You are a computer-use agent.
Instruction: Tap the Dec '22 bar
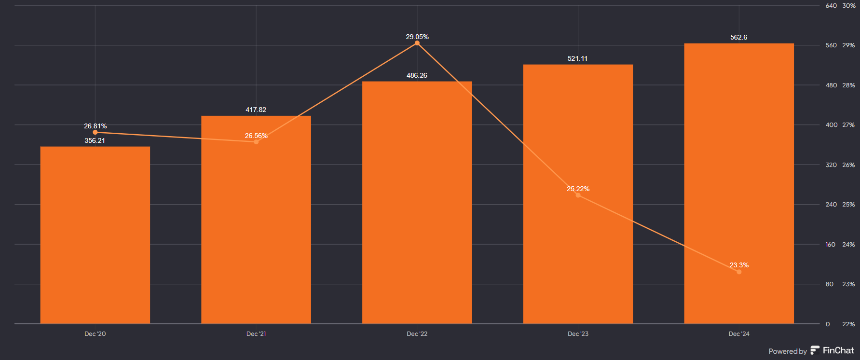pyautogui.click(x=417, y=203)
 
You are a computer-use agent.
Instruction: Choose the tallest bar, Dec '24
pyautogui.click(x=739, y=183)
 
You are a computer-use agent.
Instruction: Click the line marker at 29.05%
pyautogui.click(x=417, y=43)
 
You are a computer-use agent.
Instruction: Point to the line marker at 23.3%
pyautogui.click(x=739, y=272)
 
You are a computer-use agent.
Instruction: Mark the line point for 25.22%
pyautogui.click(x=578, y=195)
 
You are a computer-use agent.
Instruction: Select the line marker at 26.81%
pyautogui.click(x=95, y=132)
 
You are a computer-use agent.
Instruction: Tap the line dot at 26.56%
pyautogui.click(x=256, y=142)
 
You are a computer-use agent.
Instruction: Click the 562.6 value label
pyautogui.click(x=738, y=37)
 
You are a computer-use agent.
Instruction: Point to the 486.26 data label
pyautogui.click(x=417, y=75)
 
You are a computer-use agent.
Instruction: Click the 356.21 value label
pyautogui.click(x=95, y=140)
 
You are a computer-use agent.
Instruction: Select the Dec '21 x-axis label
pyautogui.click(x=256, y=334)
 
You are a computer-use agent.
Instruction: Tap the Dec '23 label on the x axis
pyautogui.click(x=578, y=334)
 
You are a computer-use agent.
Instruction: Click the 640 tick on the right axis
pyautogui.click(x=831, y=6)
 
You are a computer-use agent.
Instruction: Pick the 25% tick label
pyautogui.click(x=848, y=205)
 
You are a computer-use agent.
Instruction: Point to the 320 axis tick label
pyautogui.click(x=831, y=165)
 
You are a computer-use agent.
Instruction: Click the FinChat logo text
pyautogui.click(x=838, y=351)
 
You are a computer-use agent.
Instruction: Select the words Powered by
pyautogui.click(x=788, y=351)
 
